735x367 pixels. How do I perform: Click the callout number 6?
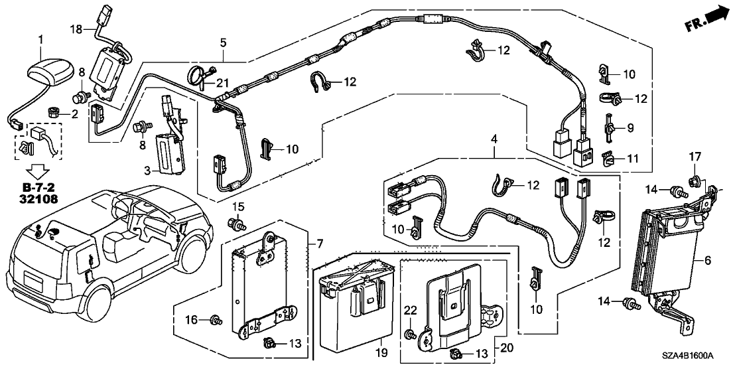point(708,261)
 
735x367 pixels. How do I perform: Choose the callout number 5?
point(223,43)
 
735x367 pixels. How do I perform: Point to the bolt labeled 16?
point(215,321)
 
